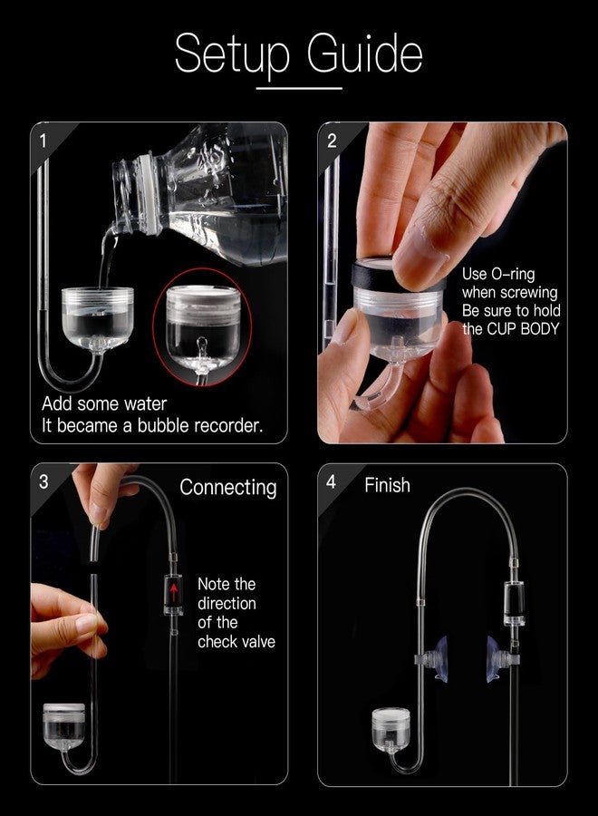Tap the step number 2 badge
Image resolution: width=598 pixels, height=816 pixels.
pyautogui.click(x=332, y=140)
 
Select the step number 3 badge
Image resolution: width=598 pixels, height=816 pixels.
pyautogui.click(x=43, y=481)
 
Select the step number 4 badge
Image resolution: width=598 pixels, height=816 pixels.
pyautogui.click(x=331, y=481)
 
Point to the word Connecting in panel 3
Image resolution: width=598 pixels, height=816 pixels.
pyautogui.click(x=227, y=487)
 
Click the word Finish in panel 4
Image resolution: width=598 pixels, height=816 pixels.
pyautogui.click(x=387, y=485)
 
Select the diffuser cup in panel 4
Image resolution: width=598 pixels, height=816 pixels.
pyautogui.click(x=392, y=730)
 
